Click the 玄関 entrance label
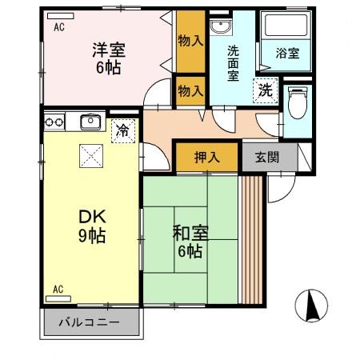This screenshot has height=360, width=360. (267, 157)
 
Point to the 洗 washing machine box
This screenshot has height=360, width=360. (264, 90)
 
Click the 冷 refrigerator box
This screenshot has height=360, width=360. (122, 128)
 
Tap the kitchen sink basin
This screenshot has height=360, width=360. (90, 122)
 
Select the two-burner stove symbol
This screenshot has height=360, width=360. (54, 122)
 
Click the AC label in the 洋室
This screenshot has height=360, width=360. (59, 27)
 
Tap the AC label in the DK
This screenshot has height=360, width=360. (58, 288)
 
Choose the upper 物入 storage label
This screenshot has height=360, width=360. (190, 41)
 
